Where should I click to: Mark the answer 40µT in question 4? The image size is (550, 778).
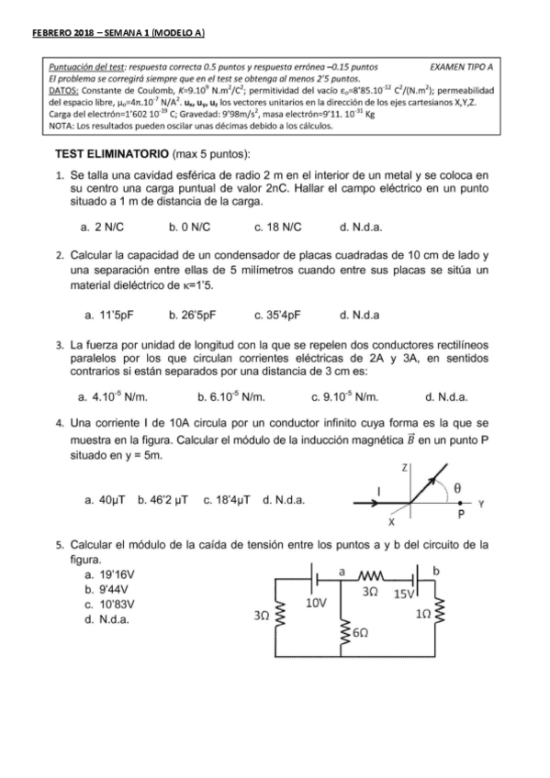(x=109, y=500)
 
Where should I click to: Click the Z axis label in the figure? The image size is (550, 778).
(x=405, y=467)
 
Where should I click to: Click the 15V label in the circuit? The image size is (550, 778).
(x=405, y=595)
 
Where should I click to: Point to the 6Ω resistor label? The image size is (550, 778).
(x=361, y=635)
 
